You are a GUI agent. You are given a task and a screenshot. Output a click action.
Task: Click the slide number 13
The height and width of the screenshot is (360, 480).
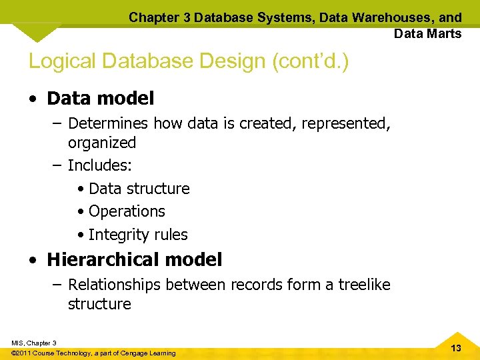[456, 349]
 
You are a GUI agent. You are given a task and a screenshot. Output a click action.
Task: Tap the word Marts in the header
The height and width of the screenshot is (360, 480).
[444, 33]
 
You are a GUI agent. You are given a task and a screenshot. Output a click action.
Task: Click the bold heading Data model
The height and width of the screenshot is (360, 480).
[100, 99]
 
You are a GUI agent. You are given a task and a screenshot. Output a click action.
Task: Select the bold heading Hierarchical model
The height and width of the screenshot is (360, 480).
[134, 259]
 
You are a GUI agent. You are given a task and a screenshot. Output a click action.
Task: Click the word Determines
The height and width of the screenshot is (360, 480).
[109, 123]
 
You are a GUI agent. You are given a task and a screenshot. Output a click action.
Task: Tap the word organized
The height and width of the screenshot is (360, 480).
[102, 143]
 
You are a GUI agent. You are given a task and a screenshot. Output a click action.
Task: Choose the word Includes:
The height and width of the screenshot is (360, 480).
[100, 165]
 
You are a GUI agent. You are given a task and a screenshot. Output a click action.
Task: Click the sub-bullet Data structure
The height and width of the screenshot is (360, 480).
[139, 189]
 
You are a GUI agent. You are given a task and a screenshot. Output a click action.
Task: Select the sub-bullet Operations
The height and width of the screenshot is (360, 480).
[127, 211]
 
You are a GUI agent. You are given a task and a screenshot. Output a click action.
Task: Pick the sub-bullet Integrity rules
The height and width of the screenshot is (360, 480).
[138, 235]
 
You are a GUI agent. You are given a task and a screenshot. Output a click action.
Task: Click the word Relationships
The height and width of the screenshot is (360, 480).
[115, 285]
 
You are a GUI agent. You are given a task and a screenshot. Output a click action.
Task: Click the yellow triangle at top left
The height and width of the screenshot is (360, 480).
[37, 30]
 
